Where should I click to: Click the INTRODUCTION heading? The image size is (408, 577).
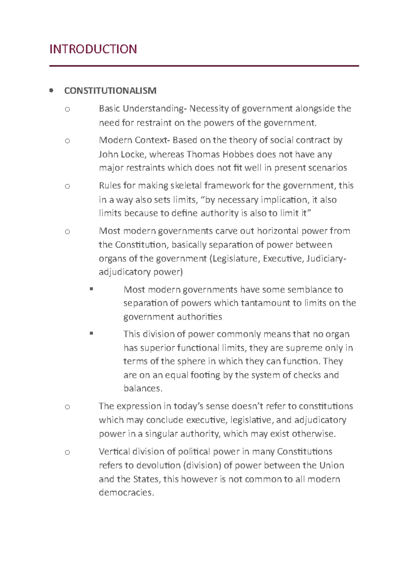[93, 49]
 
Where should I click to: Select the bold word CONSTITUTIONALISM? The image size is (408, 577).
[110, 91]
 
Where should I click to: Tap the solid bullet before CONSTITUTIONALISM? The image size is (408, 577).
[51, 91]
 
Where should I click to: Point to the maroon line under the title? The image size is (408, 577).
[204, 66]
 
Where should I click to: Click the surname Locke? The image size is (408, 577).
[133, 155]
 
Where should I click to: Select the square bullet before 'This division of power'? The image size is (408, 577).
[91, 334]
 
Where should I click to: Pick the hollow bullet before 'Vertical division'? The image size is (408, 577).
[67, 452]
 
